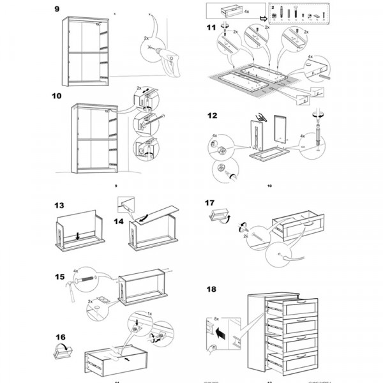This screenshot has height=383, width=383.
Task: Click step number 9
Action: click(x=57, y=9)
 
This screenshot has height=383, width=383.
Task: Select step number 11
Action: click(x=211, y=27)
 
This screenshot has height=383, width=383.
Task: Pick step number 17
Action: click(x=210, y=204)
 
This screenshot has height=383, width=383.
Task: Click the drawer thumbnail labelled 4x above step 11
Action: click(x=227, y=11)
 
